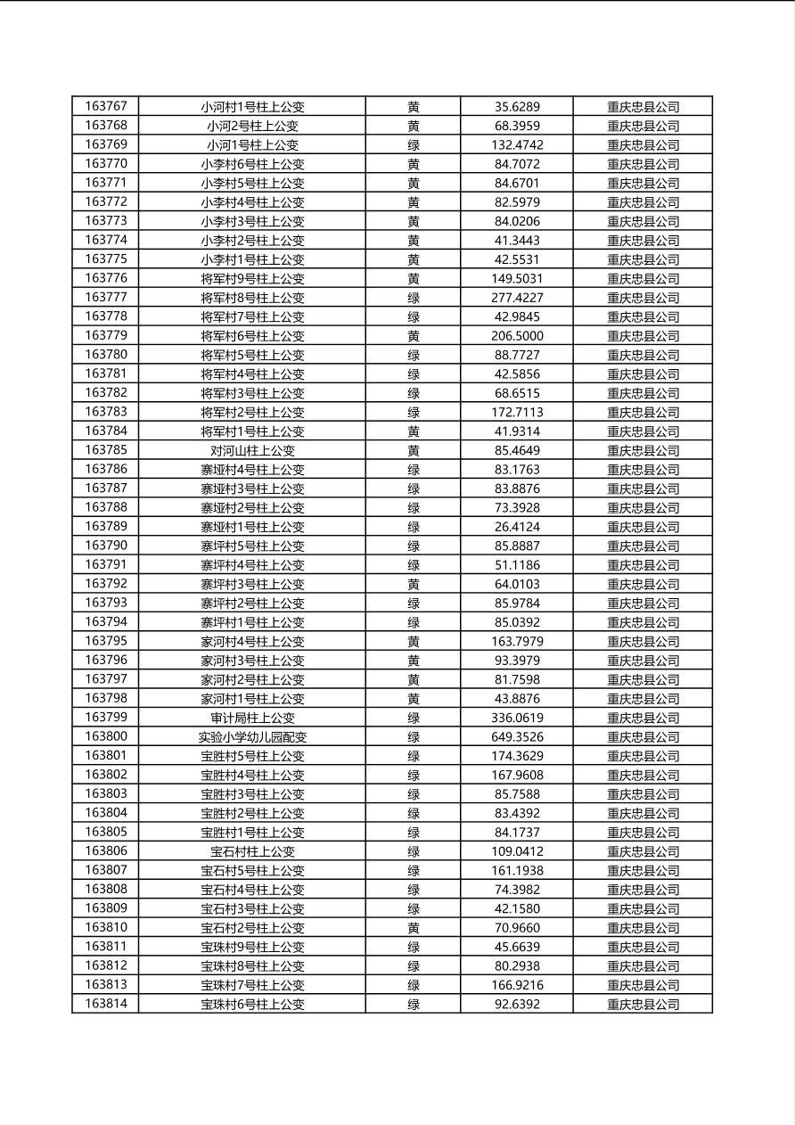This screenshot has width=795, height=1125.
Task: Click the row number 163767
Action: coord(106,106)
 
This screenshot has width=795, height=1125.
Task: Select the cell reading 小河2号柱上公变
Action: coord(252,126)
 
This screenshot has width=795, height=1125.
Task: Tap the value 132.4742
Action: coord(517,144)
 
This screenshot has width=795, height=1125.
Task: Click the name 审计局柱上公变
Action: coord(252,718)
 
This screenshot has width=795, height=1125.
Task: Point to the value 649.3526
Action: coord(517,737)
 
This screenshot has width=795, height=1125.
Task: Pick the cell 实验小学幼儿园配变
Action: coord(252,737)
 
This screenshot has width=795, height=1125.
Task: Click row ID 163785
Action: coord(106,450)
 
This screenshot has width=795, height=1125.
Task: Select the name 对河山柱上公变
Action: coord(252,450)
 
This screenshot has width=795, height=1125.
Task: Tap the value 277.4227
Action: coord(517,298)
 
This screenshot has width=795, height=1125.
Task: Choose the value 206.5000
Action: coord(517,336)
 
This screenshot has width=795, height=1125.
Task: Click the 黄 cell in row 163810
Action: coord(414,928)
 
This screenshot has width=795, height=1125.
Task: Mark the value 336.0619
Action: coord(517,718)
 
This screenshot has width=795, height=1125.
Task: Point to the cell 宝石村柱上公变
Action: coord(252,851)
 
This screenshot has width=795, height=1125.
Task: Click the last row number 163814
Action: coord(106,1004)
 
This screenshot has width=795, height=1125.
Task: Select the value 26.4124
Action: coord(517,527)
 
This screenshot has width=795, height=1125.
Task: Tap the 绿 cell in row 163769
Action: coord(414,144)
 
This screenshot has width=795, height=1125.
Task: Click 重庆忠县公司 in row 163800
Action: coord(643,737)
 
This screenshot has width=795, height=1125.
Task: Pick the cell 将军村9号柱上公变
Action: coord(252,278)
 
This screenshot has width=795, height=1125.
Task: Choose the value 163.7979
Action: coord(517,641)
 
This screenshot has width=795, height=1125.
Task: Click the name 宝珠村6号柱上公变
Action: coord(252,1004)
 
